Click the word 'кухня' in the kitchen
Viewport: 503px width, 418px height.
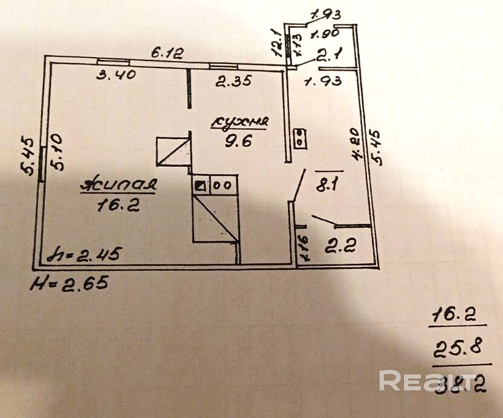[239, 122]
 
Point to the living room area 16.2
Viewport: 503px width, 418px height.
[118, 206]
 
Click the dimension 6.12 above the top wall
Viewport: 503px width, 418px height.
[167, 53]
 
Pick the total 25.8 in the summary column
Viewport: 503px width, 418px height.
[453, 348]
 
